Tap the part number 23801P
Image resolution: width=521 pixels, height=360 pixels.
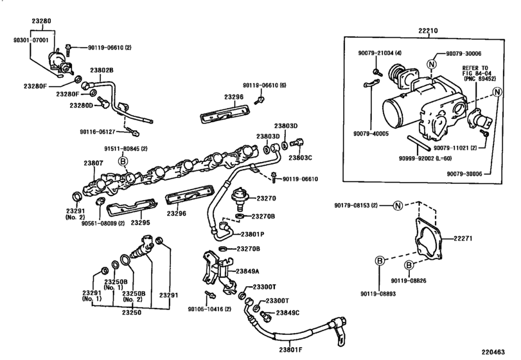click(x=253, y=234)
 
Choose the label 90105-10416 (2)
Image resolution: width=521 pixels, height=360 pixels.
click(x=211, y=309)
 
